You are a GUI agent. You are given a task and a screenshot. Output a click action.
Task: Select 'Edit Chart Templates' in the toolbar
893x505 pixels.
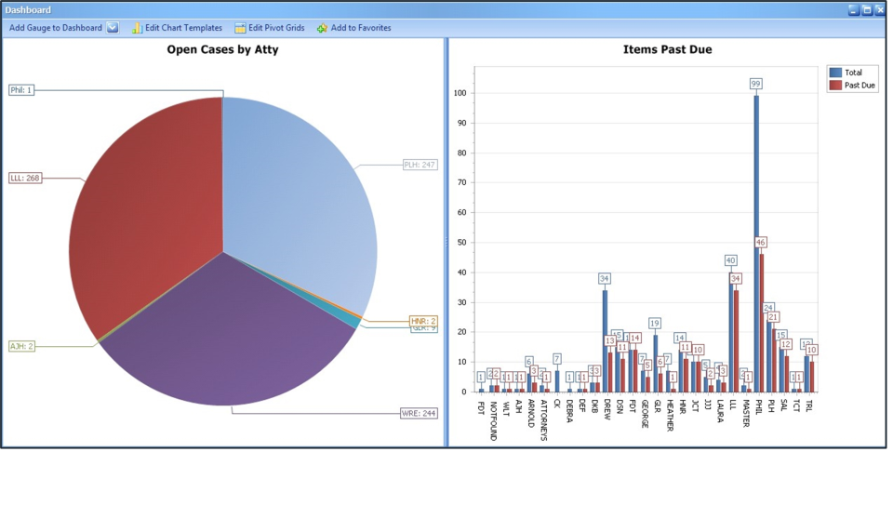click(x=177, y=28)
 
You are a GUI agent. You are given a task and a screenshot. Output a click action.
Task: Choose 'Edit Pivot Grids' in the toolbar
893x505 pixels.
click(x=270, y=28)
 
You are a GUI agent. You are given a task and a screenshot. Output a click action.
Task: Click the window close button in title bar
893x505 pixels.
click(x=880, y=10)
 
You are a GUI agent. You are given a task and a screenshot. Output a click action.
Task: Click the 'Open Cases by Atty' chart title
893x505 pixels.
click(x=222, y=49)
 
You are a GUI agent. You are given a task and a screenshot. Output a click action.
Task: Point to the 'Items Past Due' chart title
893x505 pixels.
click(x=667, y=49)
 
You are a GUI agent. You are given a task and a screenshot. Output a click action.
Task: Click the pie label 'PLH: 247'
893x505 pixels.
click(x=420, y=165)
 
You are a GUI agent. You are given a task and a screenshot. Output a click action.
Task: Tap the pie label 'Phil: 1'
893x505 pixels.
click(x=20, y=90)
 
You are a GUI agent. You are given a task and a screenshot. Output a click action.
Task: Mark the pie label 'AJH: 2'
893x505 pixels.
click(x=21, y=346)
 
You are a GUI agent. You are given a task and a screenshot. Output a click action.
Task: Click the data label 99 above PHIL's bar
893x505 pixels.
click(x=756, y=84)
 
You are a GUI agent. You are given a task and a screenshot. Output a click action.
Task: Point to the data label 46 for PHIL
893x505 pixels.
click(x=761, y=243)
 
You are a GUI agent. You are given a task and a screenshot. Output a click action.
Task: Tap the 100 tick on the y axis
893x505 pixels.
click(x=459, y=93)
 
